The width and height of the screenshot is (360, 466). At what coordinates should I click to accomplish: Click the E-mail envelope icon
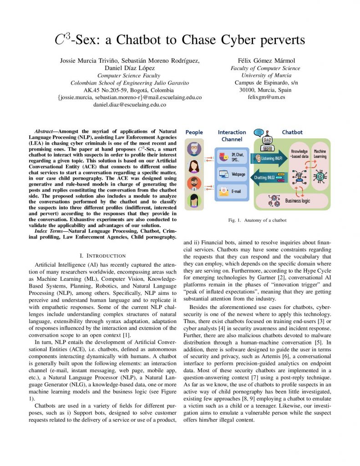coord(224,192)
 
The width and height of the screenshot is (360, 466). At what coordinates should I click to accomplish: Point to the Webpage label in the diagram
coord(238,174)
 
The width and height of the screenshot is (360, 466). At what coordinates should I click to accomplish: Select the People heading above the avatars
coord(194,132)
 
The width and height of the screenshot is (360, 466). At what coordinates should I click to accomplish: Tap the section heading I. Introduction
coord(106,255)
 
